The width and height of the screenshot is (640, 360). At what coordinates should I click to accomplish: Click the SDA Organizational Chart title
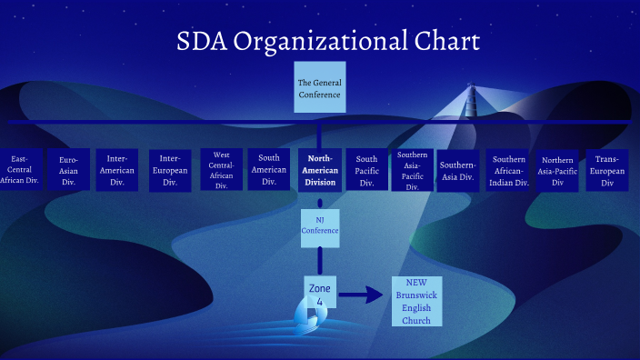pyautogui.click(x=327, y=41)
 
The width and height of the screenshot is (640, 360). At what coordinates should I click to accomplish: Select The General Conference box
pyautogui.click(x=319, y=88)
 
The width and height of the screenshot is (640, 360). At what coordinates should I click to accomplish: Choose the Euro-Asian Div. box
pyautogui.click(x=69, y=170)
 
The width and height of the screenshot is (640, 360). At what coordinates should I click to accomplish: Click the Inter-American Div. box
pyautogui.click(x=116, y=170)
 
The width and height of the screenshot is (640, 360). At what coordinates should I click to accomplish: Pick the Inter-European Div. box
pyautogui.click(x=170, y=170)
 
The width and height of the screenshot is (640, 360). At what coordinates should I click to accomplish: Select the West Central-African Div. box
pyautogui.click(x=222, y=170)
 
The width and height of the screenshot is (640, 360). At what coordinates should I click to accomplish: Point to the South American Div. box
pyautogui.click(x=269, y=170)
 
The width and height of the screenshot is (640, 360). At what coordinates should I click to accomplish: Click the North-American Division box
pyautogui.click(x=320, y=170)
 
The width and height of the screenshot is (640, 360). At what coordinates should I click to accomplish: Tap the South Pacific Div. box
pyautogui.click(x=367, y=170)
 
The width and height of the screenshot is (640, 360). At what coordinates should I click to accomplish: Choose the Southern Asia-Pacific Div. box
pyautogui.click(x=413, y=170)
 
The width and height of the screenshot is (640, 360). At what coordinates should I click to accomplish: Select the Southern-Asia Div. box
pyautogui.click(x=457, y=170)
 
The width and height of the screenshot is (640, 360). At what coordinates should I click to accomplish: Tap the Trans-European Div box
pyautogui.click(x=605, y=170)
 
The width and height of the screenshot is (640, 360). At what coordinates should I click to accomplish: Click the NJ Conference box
pyautogui.click(x=320, y=225)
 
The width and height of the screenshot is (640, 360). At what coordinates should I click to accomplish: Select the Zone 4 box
pyautogui.click(x=320, y=294)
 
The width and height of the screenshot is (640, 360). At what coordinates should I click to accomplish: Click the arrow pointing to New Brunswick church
pyautogui.click(x=361, y=295)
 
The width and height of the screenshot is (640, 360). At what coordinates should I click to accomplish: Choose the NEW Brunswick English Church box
pyautogui.click(x=416, y=301)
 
